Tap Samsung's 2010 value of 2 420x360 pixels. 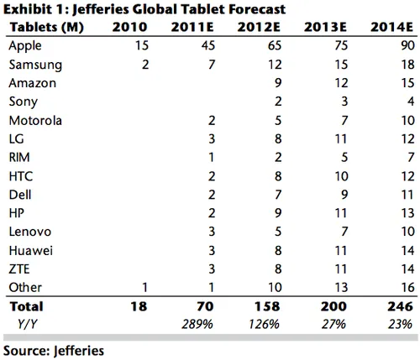point(144,64)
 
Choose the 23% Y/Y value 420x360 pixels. point(403,324)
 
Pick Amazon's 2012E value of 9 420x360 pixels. point(275,82)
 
